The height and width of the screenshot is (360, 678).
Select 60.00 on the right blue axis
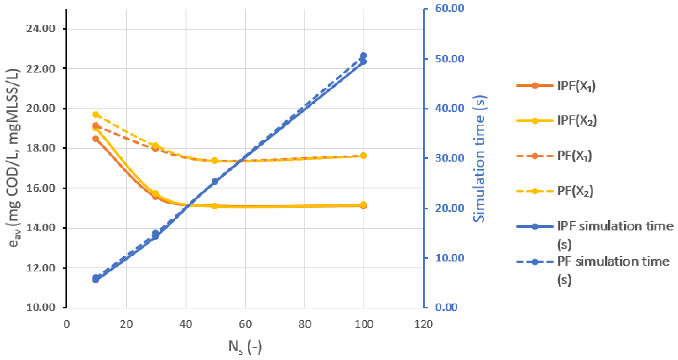449,8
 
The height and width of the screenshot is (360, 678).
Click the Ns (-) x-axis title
245,347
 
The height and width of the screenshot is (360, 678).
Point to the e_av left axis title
13,158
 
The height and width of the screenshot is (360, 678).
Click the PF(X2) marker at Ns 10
96,115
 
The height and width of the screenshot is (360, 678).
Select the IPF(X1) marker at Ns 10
96,139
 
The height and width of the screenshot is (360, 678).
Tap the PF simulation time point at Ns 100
364,56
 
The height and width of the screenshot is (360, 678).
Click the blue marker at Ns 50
215,182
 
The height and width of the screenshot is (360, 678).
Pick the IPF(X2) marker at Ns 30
155,194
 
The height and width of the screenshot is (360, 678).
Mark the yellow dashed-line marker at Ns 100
364,156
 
